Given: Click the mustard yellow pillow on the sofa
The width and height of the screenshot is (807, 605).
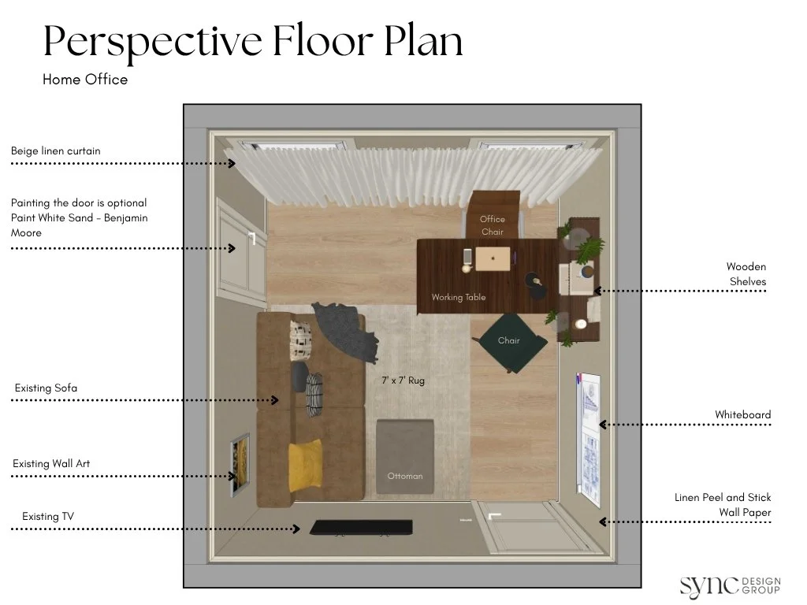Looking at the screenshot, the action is [306, 465].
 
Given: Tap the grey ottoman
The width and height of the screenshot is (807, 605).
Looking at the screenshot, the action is [405, 457].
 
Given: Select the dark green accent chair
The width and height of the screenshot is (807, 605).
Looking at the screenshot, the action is [510, 341].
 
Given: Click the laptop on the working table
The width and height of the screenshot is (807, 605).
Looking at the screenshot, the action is [493, 258].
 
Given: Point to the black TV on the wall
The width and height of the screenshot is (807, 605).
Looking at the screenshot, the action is [361, 527].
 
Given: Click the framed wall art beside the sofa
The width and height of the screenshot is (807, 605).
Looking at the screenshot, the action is [240, 465].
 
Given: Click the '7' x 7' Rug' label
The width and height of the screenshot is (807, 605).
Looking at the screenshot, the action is [403, 380].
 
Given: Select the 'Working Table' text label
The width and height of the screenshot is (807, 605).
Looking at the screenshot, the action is [459, 297].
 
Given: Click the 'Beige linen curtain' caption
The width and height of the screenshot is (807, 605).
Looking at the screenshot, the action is [56, 150].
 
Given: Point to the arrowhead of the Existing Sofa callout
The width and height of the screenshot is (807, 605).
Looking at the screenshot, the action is [275, 399].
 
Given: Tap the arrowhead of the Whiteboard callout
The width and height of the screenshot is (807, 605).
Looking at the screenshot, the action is [603, 425].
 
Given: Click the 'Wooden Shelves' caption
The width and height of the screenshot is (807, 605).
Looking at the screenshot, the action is [746, 273].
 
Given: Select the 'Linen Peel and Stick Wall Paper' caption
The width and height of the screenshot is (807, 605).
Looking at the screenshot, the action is [723, 505].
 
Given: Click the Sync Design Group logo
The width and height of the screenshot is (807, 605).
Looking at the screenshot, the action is [730, 586].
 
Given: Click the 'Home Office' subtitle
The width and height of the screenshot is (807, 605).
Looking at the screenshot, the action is [85, 80].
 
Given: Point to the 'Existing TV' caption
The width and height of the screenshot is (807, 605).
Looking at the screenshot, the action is [48, 516].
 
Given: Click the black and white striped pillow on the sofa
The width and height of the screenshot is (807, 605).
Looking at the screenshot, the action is [314, 395].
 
